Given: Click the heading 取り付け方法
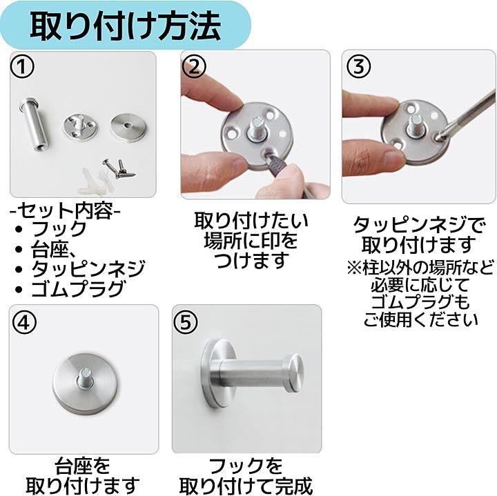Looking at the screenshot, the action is coord(125,26).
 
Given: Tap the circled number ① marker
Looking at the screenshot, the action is coord(22,68).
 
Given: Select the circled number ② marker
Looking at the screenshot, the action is coord(194,66).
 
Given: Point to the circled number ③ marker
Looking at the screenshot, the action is coord(358,66).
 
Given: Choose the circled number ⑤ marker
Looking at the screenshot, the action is coord(186,322).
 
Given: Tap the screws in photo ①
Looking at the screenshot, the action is coord(119,168).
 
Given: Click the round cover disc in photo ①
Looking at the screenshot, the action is coord(128,128).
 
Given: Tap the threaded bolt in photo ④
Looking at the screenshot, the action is coord(84,377).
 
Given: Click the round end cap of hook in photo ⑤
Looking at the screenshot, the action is coord(293,373).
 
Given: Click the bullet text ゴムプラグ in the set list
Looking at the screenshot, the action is coord(77,288).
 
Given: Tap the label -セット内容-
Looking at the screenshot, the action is coord(66,210).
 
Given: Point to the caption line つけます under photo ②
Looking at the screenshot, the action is coord(251,259).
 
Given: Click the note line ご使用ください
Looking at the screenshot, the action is coord(420,319).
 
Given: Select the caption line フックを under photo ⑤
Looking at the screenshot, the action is coord(245,466).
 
